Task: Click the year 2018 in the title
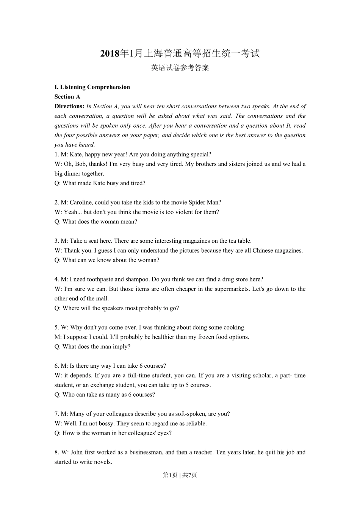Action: pyautogui.click(x=110, y=54)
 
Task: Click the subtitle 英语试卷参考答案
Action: pyautogui.click(x=180, y=68)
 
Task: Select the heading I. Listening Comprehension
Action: pyautogui.click(x=92, y=87)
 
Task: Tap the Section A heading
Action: pyautogui.click(x=67, y=97)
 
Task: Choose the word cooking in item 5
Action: pyautogui.click(x=235, y=328)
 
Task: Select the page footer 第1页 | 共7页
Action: pyautogui.click(x=180, y=475)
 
